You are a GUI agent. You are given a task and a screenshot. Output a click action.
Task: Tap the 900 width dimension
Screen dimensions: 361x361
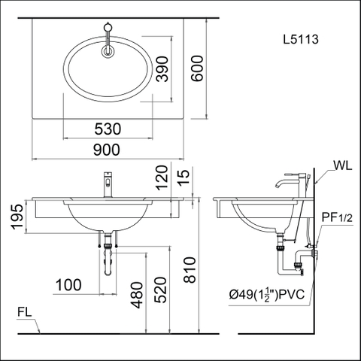109,150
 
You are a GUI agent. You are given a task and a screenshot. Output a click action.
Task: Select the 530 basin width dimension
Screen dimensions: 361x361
109,130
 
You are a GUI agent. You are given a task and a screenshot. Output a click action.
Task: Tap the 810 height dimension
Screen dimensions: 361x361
190,271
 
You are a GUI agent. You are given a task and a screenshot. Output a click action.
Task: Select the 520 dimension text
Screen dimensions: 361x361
159,288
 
